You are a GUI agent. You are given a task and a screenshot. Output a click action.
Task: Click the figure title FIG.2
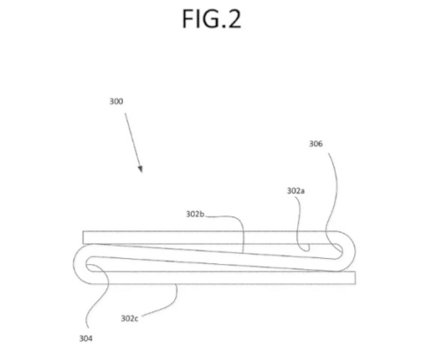(x=212, y=18)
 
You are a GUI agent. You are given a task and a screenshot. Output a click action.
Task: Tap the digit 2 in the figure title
(x=234, y=18)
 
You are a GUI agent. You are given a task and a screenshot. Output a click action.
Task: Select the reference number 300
(x=116, y=101)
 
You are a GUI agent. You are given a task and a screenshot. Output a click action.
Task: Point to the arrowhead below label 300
(x=140, y=169)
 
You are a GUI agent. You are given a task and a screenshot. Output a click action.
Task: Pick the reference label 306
(x=316, y=144)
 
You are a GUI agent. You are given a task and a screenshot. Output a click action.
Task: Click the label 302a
(x=296, y=191)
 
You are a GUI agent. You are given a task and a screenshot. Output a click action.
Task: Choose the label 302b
(x=195, y=214)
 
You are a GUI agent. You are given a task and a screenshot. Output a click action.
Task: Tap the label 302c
(x=130, y=318)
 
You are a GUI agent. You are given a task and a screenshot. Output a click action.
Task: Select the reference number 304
(x=86, y=338)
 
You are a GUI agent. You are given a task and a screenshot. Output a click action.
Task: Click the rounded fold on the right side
(x=350, y=251)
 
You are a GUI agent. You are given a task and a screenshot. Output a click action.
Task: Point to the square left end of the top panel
(x=84, y=237)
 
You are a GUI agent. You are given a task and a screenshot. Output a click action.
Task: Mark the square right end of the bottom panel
(x=355, y=278)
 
